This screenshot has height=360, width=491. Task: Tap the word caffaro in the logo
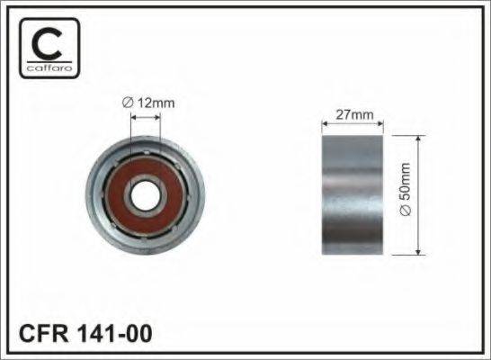pyautogui.click(x=49, y=67)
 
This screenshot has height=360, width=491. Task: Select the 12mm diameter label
pyautogui.click(x=148, y=103)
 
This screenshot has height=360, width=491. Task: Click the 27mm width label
pyautogui.click(x=354, y=114)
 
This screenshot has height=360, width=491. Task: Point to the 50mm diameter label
pyautogui.click(x=405, y=189)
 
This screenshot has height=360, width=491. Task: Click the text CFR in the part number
pyautogui.click(x=43, y=333)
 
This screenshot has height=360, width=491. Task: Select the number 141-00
pyautogui.click(x=114, y=333)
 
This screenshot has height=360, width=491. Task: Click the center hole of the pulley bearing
pyautogui.click(x=146, y=195)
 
